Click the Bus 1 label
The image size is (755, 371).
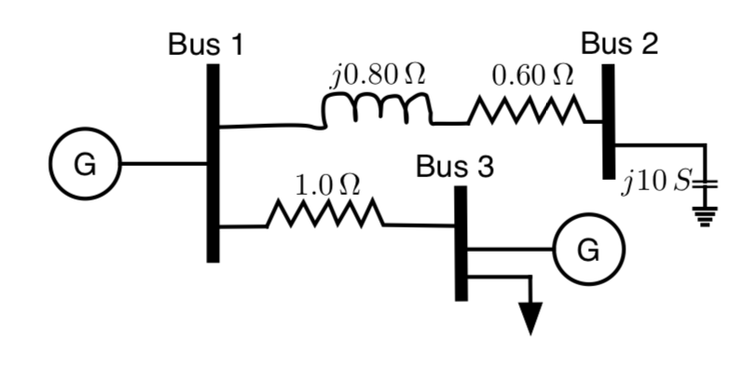pos(206,44)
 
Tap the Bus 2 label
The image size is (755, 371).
pos(619,43)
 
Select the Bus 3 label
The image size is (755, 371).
pos(455,167)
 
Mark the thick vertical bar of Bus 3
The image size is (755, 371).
pos(460,242)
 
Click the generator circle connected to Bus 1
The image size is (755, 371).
pos(84,164)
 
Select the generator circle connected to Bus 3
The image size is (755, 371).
pos(585,249)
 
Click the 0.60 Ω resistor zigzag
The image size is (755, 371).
pos(527,115)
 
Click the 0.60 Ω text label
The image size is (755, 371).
pos(532,75)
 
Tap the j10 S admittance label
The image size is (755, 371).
pos(656,180)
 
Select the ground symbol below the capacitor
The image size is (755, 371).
pos(705,216)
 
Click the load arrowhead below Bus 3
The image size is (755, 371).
pos(530,318)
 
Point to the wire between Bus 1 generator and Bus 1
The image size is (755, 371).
pos(163,164)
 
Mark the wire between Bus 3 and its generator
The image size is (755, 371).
pos(511,249)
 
